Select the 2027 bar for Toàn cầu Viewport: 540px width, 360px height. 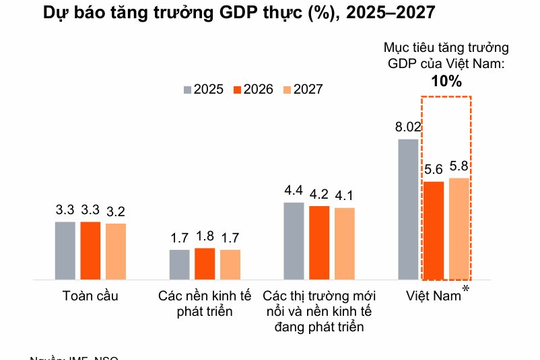tap(116, 251)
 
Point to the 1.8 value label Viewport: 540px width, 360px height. tap(205, 236)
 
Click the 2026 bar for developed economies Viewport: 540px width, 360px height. tap(205, 264)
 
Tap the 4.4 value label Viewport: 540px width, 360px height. tap(294, 190)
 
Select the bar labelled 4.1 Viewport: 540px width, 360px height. tap(344, 244)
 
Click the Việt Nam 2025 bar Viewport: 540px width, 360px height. tap(407, 209)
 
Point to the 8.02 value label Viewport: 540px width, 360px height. tap(407, 127)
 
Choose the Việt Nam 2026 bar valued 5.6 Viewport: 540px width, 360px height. tap(433, 231)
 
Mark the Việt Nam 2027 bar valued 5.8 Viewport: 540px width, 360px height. tap(459, 229)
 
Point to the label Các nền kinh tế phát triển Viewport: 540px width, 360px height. tap(205, 304)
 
